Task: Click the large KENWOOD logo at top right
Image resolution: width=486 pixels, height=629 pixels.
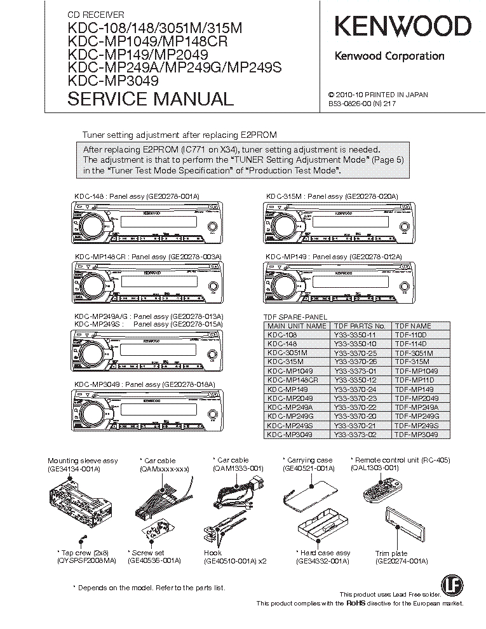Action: coord(403,26)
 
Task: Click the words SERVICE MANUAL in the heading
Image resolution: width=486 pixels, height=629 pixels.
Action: coord(151,99)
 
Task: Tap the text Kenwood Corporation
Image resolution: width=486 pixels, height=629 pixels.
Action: coord(389,56)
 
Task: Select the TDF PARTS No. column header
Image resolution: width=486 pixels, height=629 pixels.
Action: coord(360,326)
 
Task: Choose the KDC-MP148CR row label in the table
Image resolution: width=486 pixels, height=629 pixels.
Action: coord(293,380)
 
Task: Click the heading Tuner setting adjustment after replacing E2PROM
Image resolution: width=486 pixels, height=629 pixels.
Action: coord(180,135)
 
